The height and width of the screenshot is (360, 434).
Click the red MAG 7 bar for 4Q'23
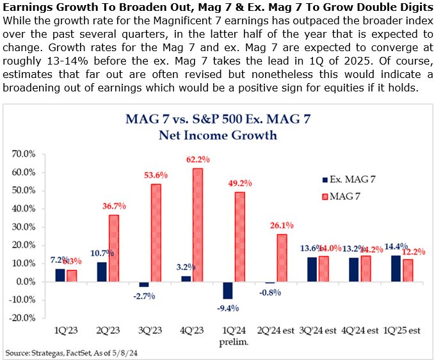(x=197, y=224)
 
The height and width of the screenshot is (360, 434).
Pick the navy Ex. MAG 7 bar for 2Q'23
(x=101, y=272)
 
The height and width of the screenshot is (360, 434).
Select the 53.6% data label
(x=156, y=175)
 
